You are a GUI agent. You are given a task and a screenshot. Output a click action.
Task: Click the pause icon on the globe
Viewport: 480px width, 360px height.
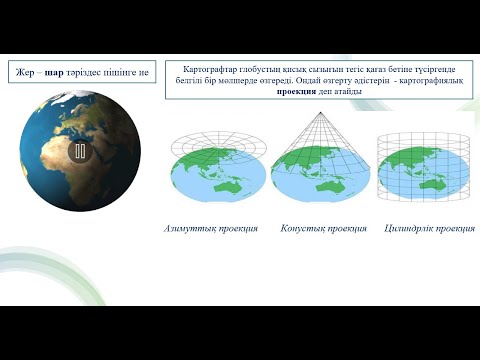point(80,151)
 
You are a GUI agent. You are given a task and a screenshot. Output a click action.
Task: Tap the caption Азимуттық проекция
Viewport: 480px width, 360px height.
point(211,229)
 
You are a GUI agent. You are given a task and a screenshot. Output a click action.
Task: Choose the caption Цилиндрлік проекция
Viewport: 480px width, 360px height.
point(429,229)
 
